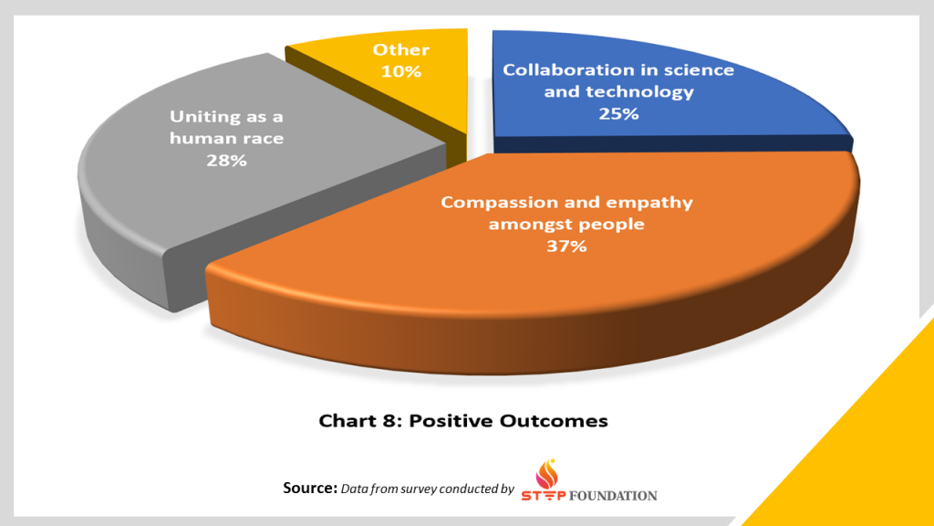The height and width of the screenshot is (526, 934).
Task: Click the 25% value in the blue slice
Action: click(x=618, y=113)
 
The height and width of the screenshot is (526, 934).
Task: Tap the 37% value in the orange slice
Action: click(x=566, y=246)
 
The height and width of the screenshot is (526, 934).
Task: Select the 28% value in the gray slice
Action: click(x=226, y=160)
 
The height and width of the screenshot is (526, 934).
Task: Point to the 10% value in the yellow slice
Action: click(x=401, y=71)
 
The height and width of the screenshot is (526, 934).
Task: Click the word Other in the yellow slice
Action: click(x=401, y=49)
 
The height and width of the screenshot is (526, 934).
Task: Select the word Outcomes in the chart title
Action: click(x=554, y=420)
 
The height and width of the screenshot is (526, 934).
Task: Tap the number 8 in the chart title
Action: click(x=390, y=420)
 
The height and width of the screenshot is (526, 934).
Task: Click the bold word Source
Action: click(x=310, y=488)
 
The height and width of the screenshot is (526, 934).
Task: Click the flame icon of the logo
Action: click(x=547, y=474)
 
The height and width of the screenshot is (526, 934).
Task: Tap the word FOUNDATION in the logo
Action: click(x=613, y=496)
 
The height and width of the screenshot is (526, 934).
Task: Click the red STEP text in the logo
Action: click(x=544, y=496)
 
